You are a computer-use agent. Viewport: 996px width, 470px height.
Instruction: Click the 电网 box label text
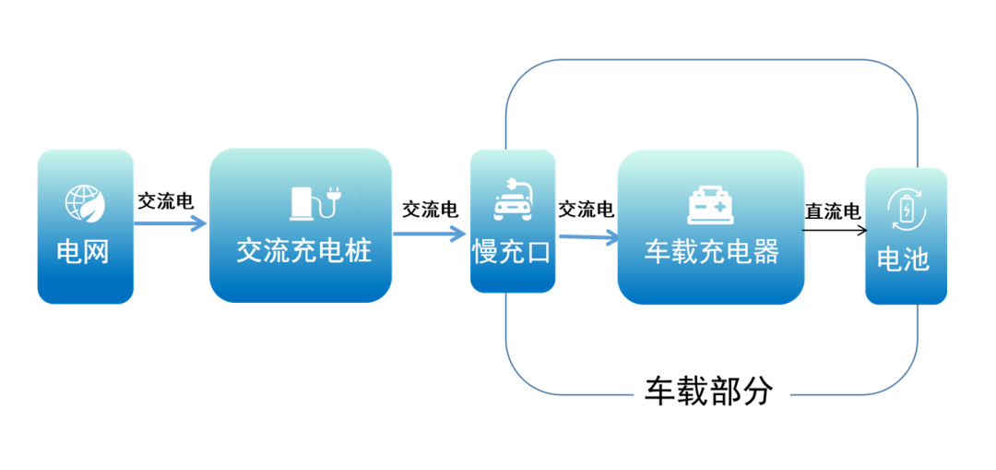(x=84, y=251)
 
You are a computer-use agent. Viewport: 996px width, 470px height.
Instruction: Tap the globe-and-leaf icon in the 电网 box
(x=85, y=204)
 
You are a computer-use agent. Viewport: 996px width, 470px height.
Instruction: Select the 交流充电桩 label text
(x=303, y=251)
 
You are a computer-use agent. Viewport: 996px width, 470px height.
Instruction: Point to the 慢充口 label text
(x=513, y=251)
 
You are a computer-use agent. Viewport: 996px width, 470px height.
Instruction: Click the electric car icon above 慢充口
(x=513, y=200)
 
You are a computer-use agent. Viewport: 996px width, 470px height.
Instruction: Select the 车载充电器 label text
(x=711, y=251)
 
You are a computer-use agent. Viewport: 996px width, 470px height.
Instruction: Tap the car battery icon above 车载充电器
(x=711, y=205)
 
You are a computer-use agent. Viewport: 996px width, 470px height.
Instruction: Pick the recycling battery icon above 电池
(x=907, y=211)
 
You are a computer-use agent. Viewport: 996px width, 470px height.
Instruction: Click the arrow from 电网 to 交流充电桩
(x=170, y=223)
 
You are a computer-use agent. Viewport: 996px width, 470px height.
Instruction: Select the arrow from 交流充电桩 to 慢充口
(x=430, y=233)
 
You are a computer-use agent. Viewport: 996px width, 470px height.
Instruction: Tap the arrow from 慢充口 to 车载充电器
(x=587, y=237)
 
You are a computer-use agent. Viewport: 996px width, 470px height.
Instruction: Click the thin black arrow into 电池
(x=834, y=228)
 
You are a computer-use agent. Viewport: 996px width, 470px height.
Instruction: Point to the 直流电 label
(x=833, y=211)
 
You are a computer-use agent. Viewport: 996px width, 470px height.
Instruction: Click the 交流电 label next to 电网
(x=166, y=201)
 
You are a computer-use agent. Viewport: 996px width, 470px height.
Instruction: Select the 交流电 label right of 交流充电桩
(x=431, y=210)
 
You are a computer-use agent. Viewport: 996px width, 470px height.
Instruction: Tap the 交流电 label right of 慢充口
(x=587, y=210)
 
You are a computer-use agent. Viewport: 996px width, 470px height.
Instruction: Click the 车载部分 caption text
(x=707, y=392)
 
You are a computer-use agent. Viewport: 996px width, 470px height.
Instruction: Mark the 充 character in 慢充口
(x=513, y=251)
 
